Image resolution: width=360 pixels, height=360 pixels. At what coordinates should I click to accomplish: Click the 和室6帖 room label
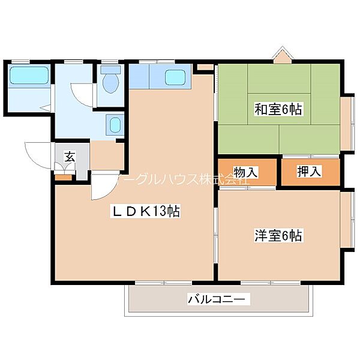pyautogui.click(x=278, y=109)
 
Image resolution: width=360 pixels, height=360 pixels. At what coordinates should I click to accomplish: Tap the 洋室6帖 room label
pyautogui.click(x=278, y=236)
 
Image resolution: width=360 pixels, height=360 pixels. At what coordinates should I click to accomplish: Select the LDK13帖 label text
pyautogui.click(x=145, y=211)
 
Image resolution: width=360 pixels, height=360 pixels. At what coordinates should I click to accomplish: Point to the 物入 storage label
pyautogui.click(x=246, y=172)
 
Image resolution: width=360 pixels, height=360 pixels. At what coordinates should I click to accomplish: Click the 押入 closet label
pyautogui.click(x=310, y=172)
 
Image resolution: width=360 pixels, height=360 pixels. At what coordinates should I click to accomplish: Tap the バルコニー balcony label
pyautogui.click(x=218, y=299)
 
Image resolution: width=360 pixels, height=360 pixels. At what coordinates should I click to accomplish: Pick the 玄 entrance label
pyautogui.click(x=70, y=158)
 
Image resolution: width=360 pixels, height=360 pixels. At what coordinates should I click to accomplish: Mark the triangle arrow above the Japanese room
pyautogui.click(x=281, y=55)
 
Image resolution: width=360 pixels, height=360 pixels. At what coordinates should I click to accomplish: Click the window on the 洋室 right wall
pyautogui.click(x=347, y=219)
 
